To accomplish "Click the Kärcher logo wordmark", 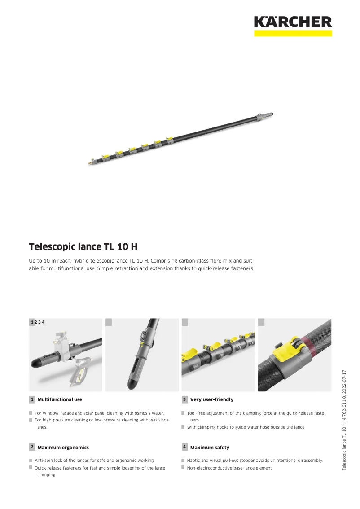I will click(x=293, y=22).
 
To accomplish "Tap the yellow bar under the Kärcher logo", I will click(x=293, y=33).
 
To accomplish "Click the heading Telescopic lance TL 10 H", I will click(x=83, y=247).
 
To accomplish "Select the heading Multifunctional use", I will click(x=60, y=399).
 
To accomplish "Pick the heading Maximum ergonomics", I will click(x=63, y=448).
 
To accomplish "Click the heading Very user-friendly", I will click(x=211, y=399).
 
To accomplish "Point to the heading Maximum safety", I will click(x=210, y=448).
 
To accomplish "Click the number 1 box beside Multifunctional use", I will click(x=32, y=399).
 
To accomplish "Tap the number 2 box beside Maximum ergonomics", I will click(x=32, y=447).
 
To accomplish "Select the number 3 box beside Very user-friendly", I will click(x=184, y=399).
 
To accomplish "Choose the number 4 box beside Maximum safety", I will click(x=184, y=447).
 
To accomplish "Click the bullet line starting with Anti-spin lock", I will click(x=95, y=461).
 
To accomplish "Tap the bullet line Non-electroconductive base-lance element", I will click(x=229, y=468).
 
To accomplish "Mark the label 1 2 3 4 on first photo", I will click(x=37, y=322).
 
